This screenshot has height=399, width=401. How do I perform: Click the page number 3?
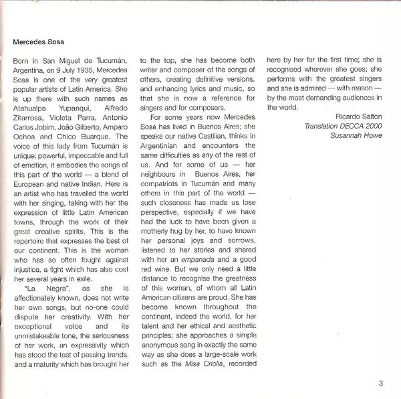380,384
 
